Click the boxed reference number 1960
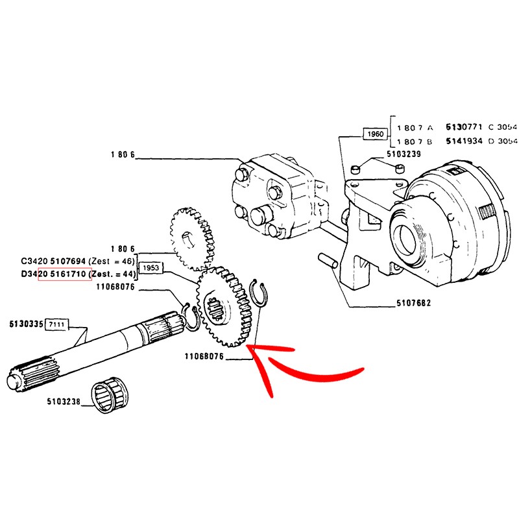click(376, 134)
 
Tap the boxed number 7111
click(57, 323)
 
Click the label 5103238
click(63, 402)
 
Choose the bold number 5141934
click(464, 141)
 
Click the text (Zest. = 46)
click(111, 261)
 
